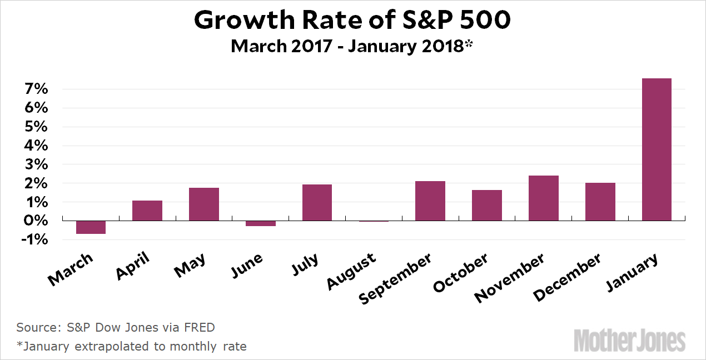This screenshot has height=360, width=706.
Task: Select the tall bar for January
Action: pyautogui.click(x=657, y=149)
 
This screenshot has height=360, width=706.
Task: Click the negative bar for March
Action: pyautogui.click(x=91, y=227)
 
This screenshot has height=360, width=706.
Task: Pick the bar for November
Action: pyautogui.click(x=543, y=198)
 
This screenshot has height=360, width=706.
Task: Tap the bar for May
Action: pyautogui.click(x=203, y=204)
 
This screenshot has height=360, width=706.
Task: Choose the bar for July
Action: pyautogui.click(x=317, y=203)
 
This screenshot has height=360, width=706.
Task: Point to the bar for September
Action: pyautogui.click(x=430, y=201)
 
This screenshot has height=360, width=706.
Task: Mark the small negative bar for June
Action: pyautogui.click(x=260, y=223)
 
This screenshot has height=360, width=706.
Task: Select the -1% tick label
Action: pyautogui.click(x=33, y=240)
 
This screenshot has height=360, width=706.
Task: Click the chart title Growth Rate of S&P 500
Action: pyautogui.click(x=352, y=21)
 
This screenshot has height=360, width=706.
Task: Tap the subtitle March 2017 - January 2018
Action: pyautogui.click(x=352, y=46)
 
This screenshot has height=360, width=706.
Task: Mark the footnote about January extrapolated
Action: pyautogui.click(x=132, y=346)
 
